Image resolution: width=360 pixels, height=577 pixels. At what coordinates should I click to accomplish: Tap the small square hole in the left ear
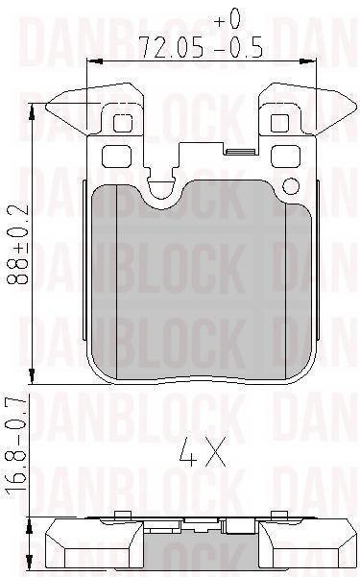tap(122, 123)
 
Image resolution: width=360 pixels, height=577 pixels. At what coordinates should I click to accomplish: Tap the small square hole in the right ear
tap(279, 123)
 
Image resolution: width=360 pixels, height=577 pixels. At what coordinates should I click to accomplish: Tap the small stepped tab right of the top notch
tap(235, 149)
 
